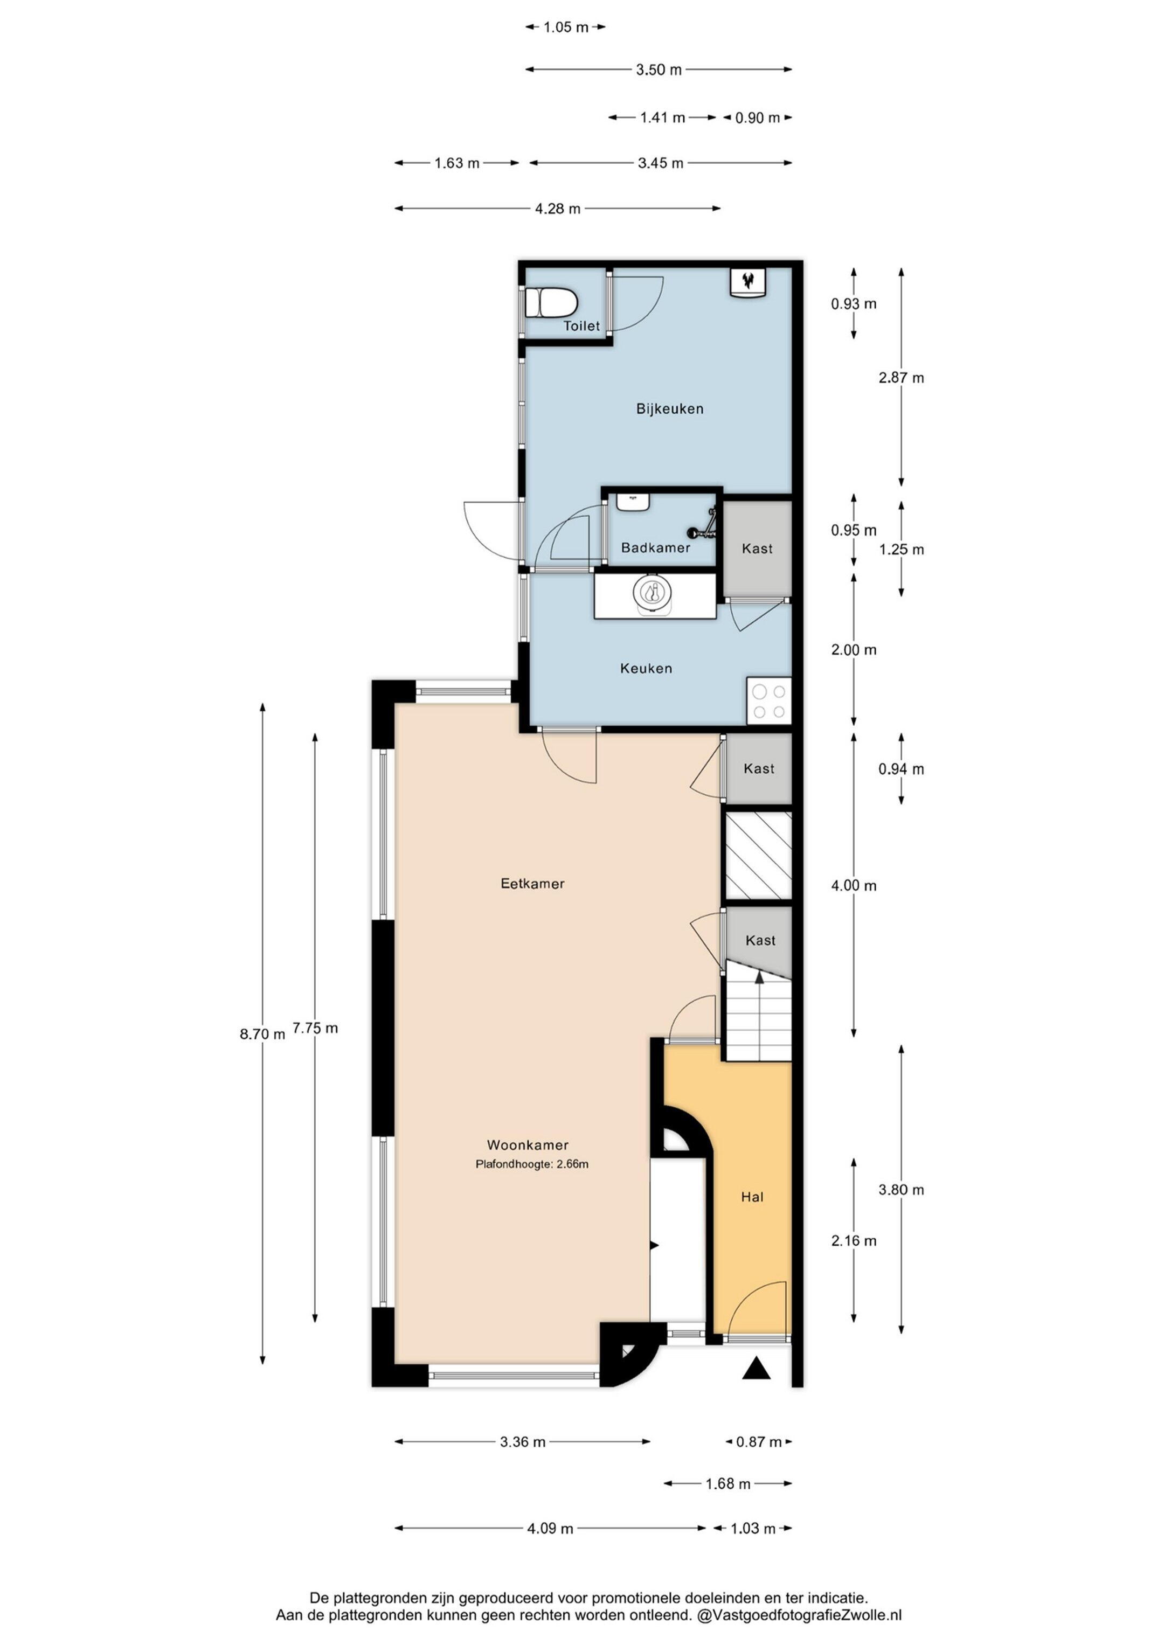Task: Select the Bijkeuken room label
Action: click(x=669, y=409)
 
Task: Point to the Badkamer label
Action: click(x=655, y=548)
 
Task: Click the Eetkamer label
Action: click(x=532, y=884)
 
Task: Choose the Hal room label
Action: click(x=752, y=1197)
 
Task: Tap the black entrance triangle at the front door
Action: click(x=756, y=1369)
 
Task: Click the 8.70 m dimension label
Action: click(x=262, y=1035)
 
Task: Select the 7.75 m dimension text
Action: click(x=315, y=1029)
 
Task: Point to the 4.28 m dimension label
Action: click(x=558, y=209)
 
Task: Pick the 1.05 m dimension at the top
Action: click(x=565, y=27)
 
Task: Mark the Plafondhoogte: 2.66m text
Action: click(x=532, y=1164)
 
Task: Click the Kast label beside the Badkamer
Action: click(x=757, y=549)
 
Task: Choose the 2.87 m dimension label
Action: click(x=901, y=378)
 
